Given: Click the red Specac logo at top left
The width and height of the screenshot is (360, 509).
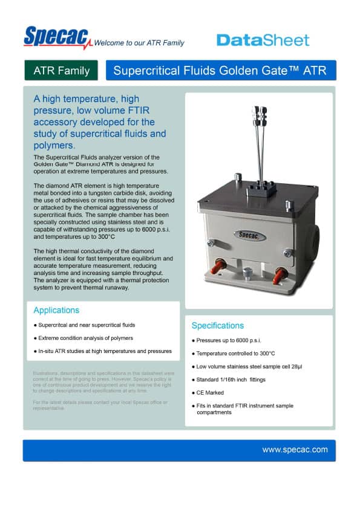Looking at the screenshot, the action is (57, 37).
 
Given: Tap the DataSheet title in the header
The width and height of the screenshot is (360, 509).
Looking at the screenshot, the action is (263, 40).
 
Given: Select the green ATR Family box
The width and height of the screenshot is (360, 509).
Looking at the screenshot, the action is (61, 71).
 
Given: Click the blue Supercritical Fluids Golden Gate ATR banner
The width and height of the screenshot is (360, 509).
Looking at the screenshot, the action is (220, 71).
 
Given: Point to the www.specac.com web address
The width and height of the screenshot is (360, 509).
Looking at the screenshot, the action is (295, 450).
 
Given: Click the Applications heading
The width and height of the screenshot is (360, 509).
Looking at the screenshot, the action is (56, 310).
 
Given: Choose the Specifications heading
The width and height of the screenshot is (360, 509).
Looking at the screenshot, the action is (218, 325).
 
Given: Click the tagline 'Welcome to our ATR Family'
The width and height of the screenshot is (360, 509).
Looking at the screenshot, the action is (139, 43).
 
